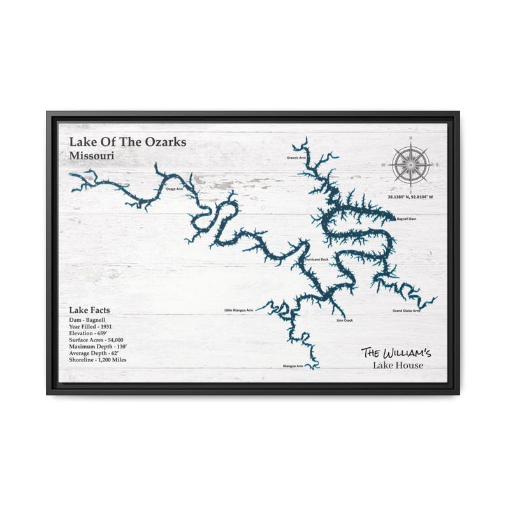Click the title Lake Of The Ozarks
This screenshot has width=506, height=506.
tap(127, 141)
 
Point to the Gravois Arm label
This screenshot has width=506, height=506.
tap(296, 157)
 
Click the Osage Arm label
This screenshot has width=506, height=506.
tap(175, 189)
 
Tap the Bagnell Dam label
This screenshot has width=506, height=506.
tap(406, 219)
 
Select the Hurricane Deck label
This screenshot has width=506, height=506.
tap(317, 260)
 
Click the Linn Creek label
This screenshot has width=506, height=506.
tap(344, 320)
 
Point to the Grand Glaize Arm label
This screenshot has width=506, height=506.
tap(406, 311)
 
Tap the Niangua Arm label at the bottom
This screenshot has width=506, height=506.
tap(293, 366)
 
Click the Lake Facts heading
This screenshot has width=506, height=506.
tap(89, 310)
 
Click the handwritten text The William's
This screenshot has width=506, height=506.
tap(396, 352)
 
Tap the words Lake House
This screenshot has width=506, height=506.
tap(398, 365)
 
